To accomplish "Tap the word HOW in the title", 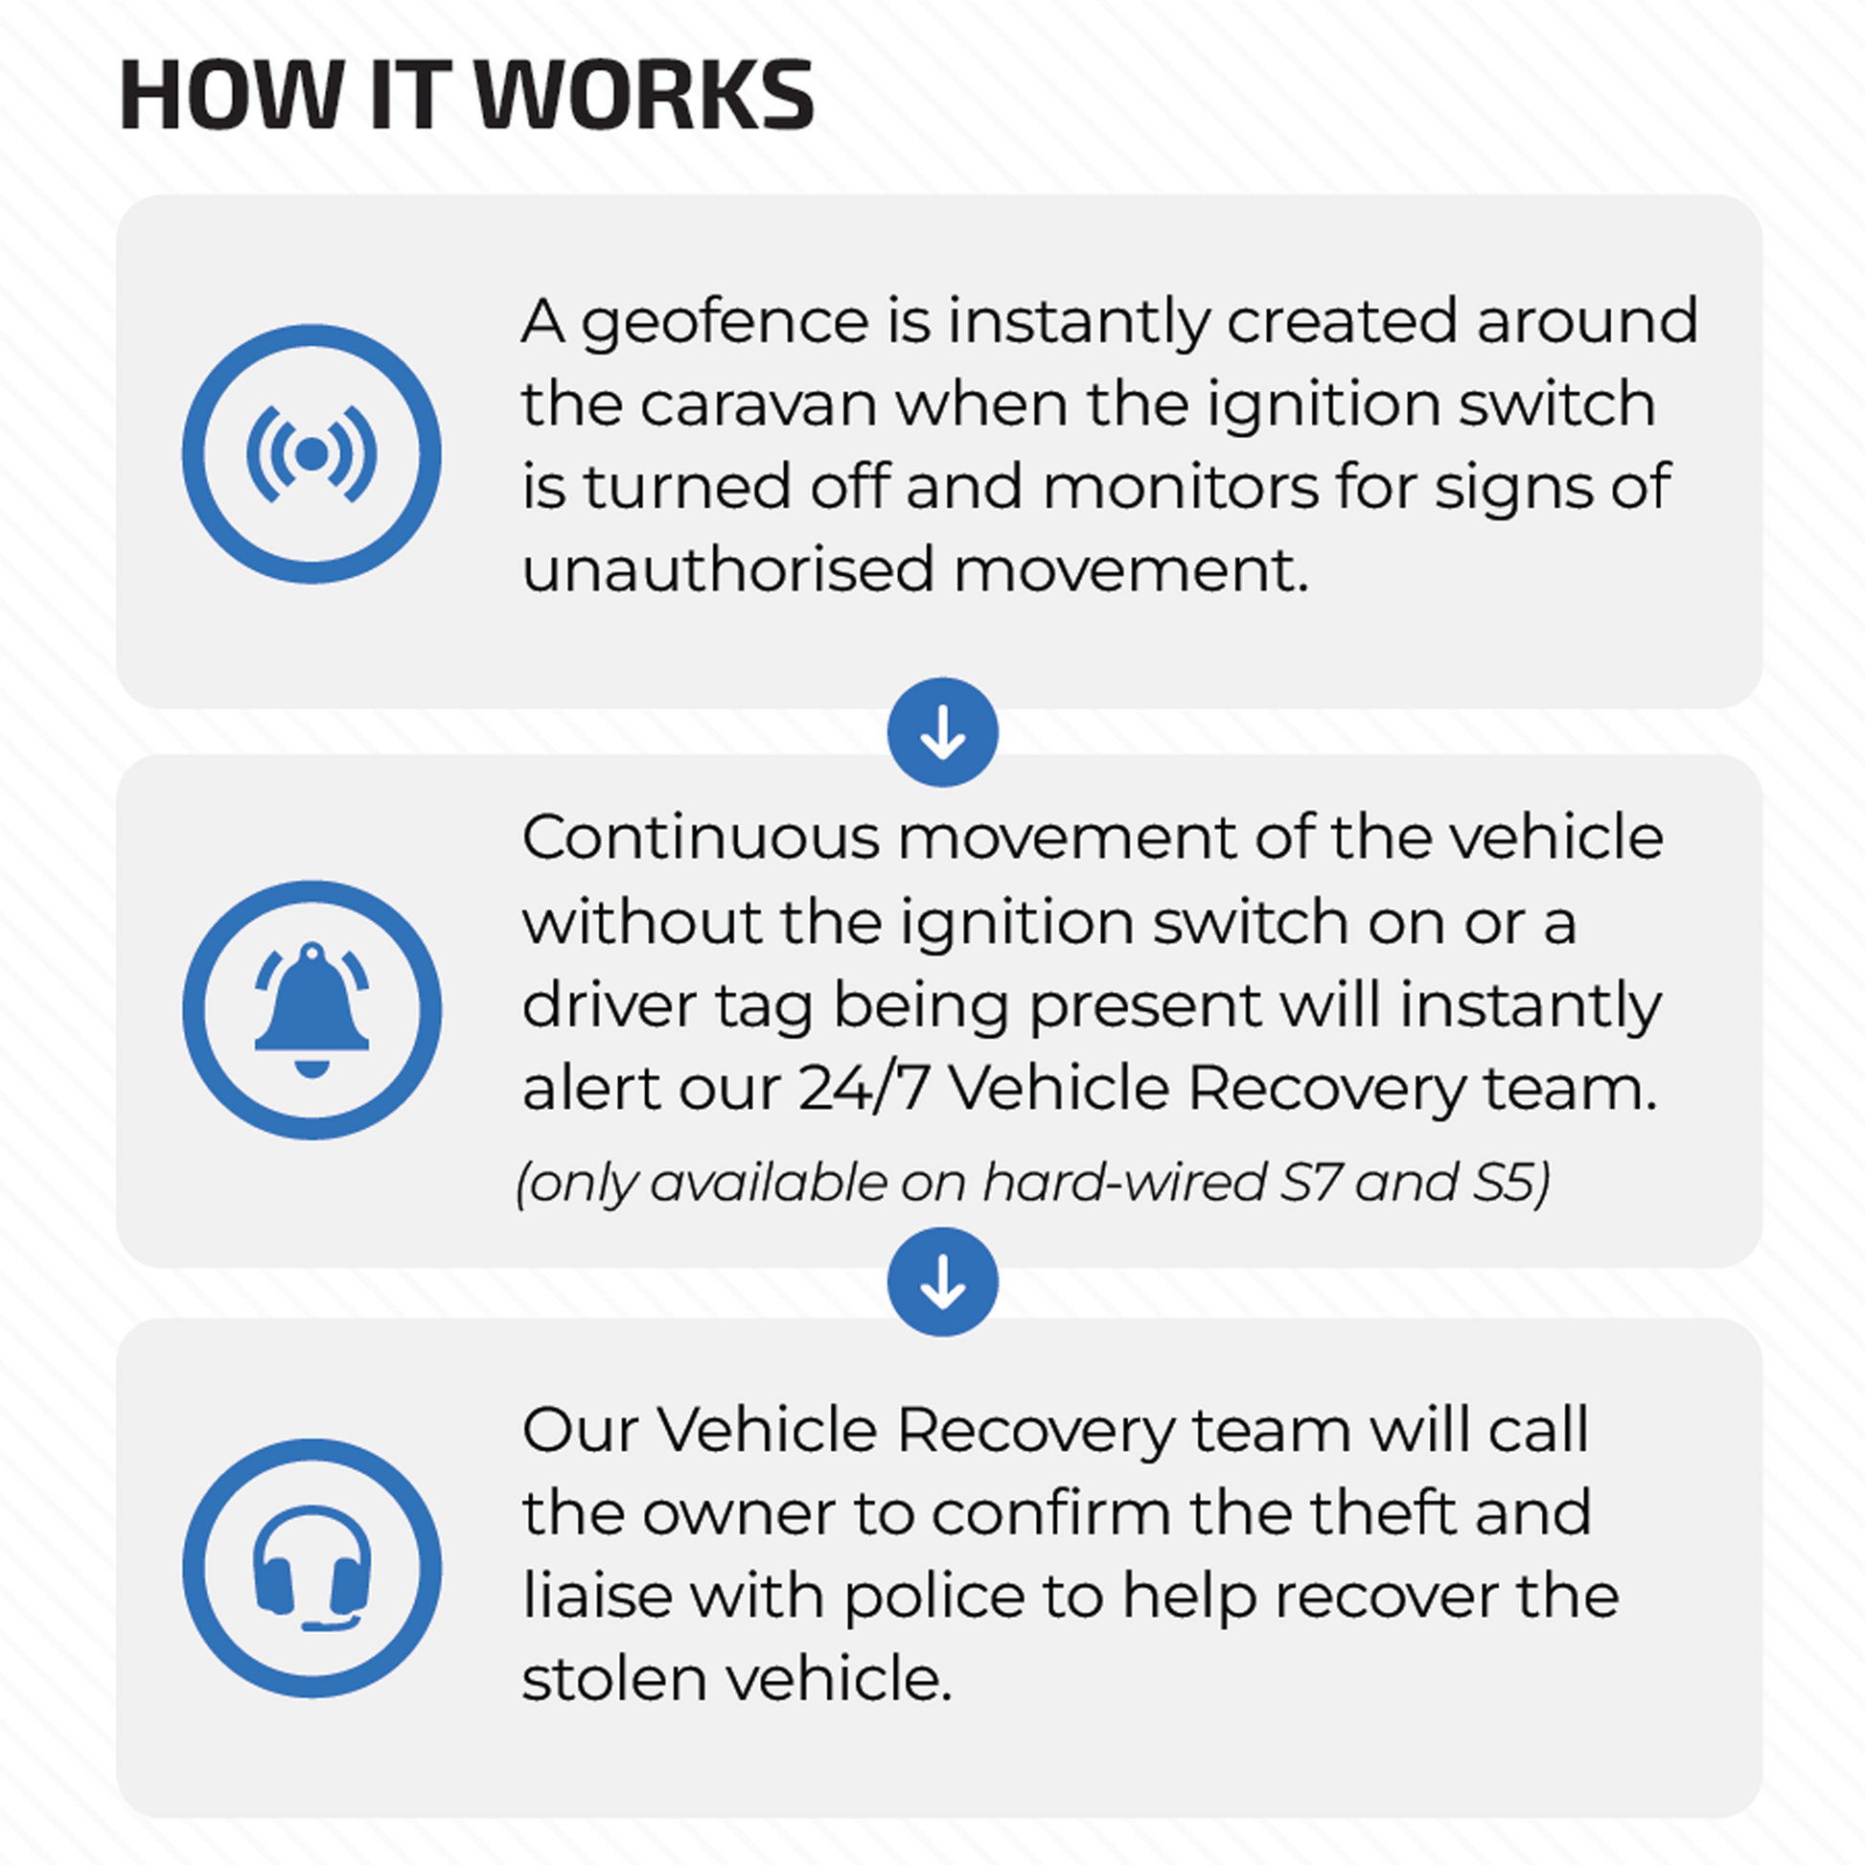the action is (231, 95).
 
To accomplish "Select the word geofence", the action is (725, 322).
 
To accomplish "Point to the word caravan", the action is (758, 404).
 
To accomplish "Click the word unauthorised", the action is (727, 569).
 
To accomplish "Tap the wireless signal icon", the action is (311, 453).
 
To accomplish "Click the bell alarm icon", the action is (311, 1010).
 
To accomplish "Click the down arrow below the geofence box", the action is (942, 732).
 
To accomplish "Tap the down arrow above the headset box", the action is (942, 1282).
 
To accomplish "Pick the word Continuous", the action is (701, 838).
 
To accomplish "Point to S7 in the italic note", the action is (1310, 1183).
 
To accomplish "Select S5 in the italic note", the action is (1511, 1183).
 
